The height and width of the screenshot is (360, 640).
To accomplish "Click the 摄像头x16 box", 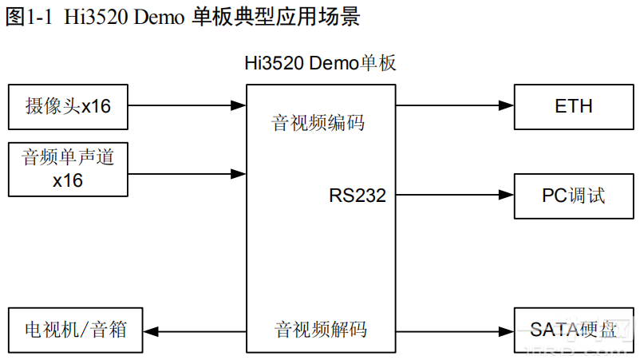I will (x=68, y=106).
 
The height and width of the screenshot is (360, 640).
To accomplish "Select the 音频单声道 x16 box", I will (x=68, y=168).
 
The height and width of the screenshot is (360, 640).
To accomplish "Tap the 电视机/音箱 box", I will (x=76, y=329).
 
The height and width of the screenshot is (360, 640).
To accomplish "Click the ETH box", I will (x=573, y=106).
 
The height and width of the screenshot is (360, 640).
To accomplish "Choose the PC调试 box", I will (x=573, y=196).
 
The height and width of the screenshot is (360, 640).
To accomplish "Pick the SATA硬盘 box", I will (x=573, y=329).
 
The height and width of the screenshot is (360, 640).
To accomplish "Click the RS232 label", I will (x=357, y=196).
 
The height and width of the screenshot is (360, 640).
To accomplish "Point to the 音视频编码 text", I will (x=318, y=123).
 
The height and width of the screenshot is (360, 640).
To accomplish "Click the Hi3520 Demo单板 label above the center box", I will (x=320, y=65).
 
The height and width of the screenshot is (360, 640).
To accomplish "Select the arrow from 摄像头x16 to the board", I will (x=187, y=105).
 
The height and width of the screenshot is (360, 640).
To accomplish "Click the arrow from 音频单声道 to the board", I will (x=187, y=172).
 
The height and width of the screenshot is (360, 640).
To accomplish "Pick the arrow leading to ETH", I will (x=453, y=105).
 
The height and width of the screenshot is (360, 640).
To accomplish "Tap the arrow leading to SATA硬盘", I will (x=453, y=330).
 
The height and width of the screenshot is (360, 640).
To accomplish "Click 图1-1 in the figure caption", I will (x=27, y=18).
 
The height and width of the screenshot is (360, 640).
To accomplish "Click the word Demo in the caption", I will (x=160, y=18).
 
